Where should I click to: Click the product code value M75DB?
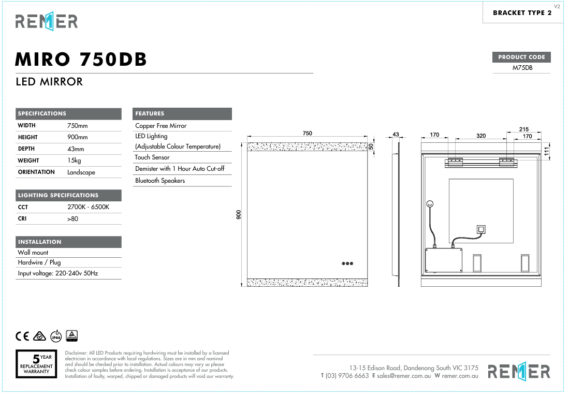click(522, 68)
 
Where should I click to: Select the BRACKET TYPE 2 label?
click(522, 13)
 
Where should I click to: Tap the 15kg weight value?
click(74, 160)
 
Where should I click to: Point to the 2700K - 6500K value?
click(89, 207)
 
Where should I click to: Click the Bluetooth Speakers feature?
click(159, 181)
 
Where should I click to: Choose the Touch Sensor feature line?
click(152, 157)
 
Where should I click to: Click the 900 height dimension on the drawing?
click(239, 214)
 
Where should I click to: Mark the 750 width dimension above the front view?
click(307, 134)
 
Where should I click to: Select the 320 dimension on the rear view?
click(481, 136)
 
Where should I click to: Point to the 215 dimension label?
click(523, 129)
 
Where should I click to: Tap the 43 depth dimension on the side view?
click(396, 135)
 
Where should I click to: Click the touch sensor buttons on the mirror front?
click(347, 263)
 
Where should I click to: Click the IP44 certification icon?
click(56, 336)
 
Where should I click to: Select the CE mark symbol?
click(23, 336)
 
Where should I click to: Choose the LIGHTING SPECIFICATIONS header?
click(58, 196)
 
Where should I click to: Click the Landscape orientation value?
click(81, 172)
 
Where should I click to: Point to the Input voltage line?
click(58, 273)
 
